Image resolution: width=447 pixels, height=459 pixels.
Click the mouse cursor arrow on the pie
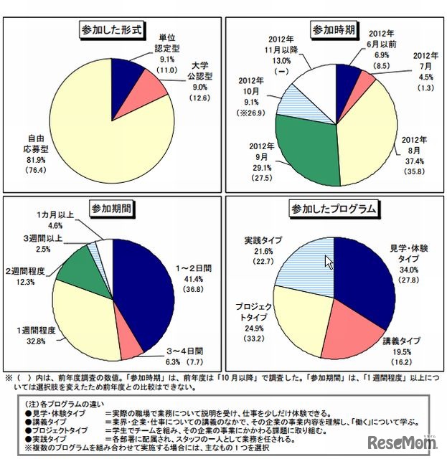point(329,262)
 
